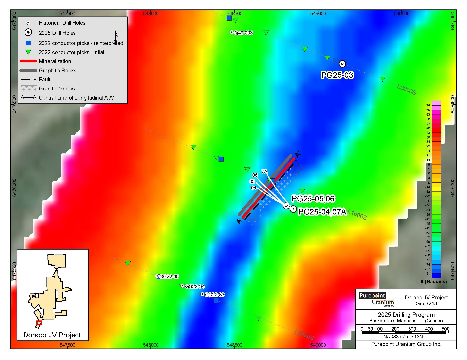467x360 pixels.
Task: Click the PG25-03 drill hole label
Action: click(337, 75)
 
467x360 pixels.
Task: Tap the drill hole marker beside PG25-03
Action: click(342, 64)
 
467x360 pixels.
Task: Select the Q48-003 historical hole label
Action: click(243, 33)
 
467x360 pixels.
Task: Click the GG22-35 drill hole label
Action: click(169, 277)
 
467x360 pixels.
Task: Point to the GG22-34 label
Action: click(195, 286)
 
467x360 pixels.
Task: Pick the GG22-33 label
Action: click(214, 295)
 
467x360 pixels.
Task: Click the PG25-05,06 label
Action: click(313, 199)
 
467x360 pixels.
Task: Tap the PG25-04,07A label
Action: click(322, 212)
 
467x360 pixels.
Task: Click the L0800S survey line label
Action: click(406, 89)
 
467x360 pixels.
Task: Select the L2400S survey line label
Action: click(304, 335)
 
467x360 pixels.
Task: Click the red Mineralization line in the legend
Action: click(28, 61)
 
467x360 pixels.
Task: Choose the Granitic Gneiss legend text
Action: click(57, 89)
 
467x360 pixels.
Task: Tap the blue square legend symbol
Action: click(28, 43)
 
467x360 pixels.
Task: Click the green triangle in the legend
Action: click(28, 52)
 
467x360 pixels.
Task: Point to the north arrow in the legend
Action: click(116, 36)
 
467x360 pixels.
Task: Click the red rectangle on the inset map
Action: click(39, 323)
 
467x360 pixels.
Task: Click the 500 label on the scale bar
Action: click(445, 329)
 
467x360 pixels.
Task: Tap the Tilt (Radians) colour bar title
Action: click(431, 282)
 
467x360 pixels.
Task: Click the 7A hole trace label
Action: click(264, 172)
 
